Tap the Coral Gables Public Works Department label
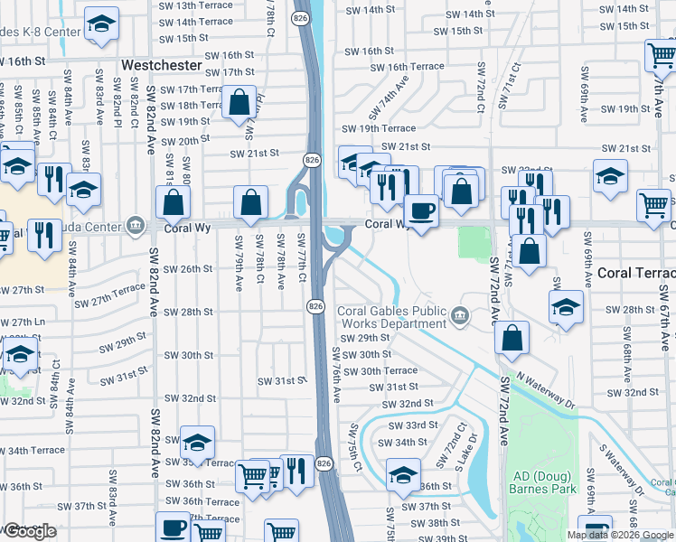click(x=392, y=318)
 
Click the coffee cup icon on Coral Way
click(x=420, y=211)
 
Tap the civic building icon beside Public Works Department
click(x=460, y=315)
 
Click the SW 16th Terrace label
click(x=416, y=67)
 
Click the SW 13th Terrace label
click(x=195, y=5)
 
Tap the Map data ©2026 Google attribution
click(x=620, y=535)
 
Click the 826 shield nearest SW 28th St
click(x=315, y=306)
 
